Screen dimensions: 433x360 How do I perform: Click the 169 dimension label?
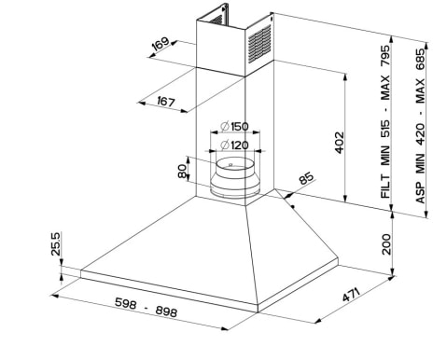point(161,44)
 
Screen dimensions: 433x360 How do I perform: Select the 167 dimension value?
point(166,102)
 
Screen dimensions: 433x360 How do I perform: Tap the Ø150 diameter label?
point(234,127)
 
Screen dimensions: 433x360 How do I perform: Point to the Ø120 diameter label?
point(234,145)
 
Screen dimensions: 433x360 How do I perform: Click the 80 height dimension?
point(182,171)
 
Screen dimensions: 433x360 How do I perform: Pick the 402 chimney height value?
point(340,143)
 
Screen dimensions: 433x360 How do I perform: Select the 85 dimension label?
point(306,178)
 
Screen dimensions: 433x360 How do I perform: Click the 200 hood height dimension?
point(385,244)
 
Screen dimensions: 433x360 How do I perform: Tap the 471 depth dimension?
point(351,295)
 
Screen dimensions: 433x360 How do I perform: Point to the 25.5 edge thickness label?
point(56,243)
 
